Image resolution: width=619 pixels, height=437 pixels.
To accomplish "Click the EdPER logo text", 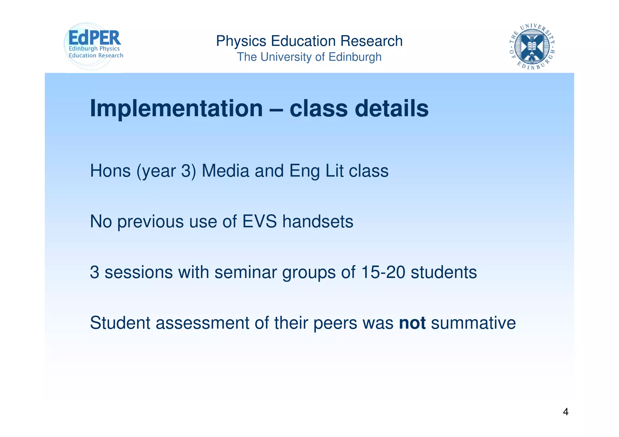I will [95, 38].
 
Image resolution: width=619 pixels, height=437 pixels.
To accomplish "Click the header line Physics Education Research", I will [309, 41].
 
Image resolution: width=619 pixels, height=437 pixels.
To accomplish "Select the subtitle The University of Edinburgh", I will [309, 57].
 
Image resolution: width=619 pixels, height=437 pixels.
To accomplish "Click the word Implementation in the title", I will [176, 108].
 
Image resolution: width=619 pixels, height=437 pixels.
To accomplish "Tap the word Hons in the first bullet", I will [110, 171].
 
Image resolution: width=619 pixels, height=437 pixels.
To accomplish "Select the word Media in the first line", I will [225, 171].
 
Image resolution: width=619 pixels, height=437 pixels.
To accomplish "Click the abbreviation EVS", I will [259, 222].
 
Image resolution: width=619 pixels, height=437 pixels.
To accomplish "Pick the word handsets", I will [318, 222].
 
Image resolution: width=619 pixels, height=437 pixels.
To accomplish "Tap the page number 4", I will [566, 412].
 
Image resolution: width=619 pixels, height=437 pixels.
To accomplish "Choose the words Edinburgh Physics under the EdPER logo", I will [94, 49].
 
